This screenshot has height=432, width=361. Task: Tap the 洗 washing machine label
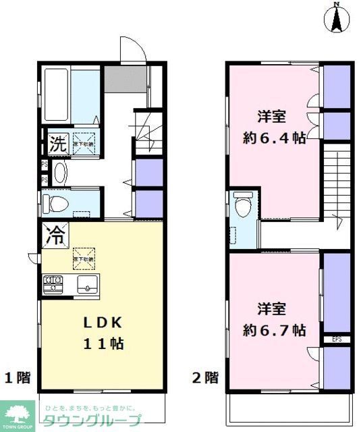[56, 143]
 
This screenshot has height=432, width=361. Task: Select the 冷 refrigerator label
[56, 236]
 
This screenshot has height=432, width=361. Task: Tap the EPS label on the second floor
[336, 339]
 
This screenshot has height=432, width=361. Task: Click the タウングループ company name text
[93, 420]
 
